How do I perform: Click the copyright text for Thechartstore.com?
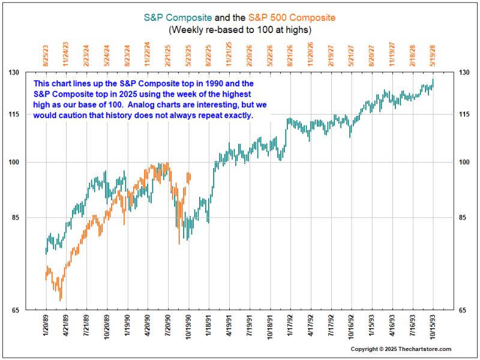point(401,349)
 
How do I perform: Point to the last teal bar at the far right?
point(433,83)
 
